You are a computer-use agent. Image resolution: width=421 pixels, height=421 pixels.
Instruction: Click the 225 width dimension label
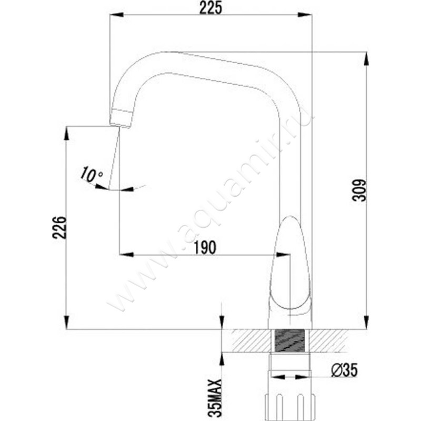click(210, 8)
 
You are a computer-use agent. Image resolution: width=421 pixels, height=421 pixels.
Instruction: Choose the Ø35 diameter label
click(344, 370)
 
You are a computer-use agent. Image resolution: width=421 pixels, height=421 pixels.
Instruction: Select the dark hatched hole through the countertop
click(290, 340)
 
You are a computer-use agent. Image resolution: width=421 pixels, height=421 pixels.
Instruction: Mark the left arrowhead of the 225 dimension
click(113, 16)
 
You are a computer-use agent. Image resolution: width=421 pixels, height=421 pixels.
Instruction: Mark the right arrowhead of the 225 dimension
click(308, 16)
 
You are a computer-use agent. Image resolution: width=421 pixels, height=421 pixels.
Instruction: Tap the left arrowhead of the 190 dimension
click(124, 254)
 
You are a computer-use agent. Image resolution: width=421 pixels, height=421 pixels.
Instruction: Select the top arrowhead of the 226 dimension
click(66, 132)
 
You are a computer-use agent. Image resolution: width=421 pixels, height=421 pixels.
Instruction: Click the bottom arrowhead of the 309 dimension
click(366, 324)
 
